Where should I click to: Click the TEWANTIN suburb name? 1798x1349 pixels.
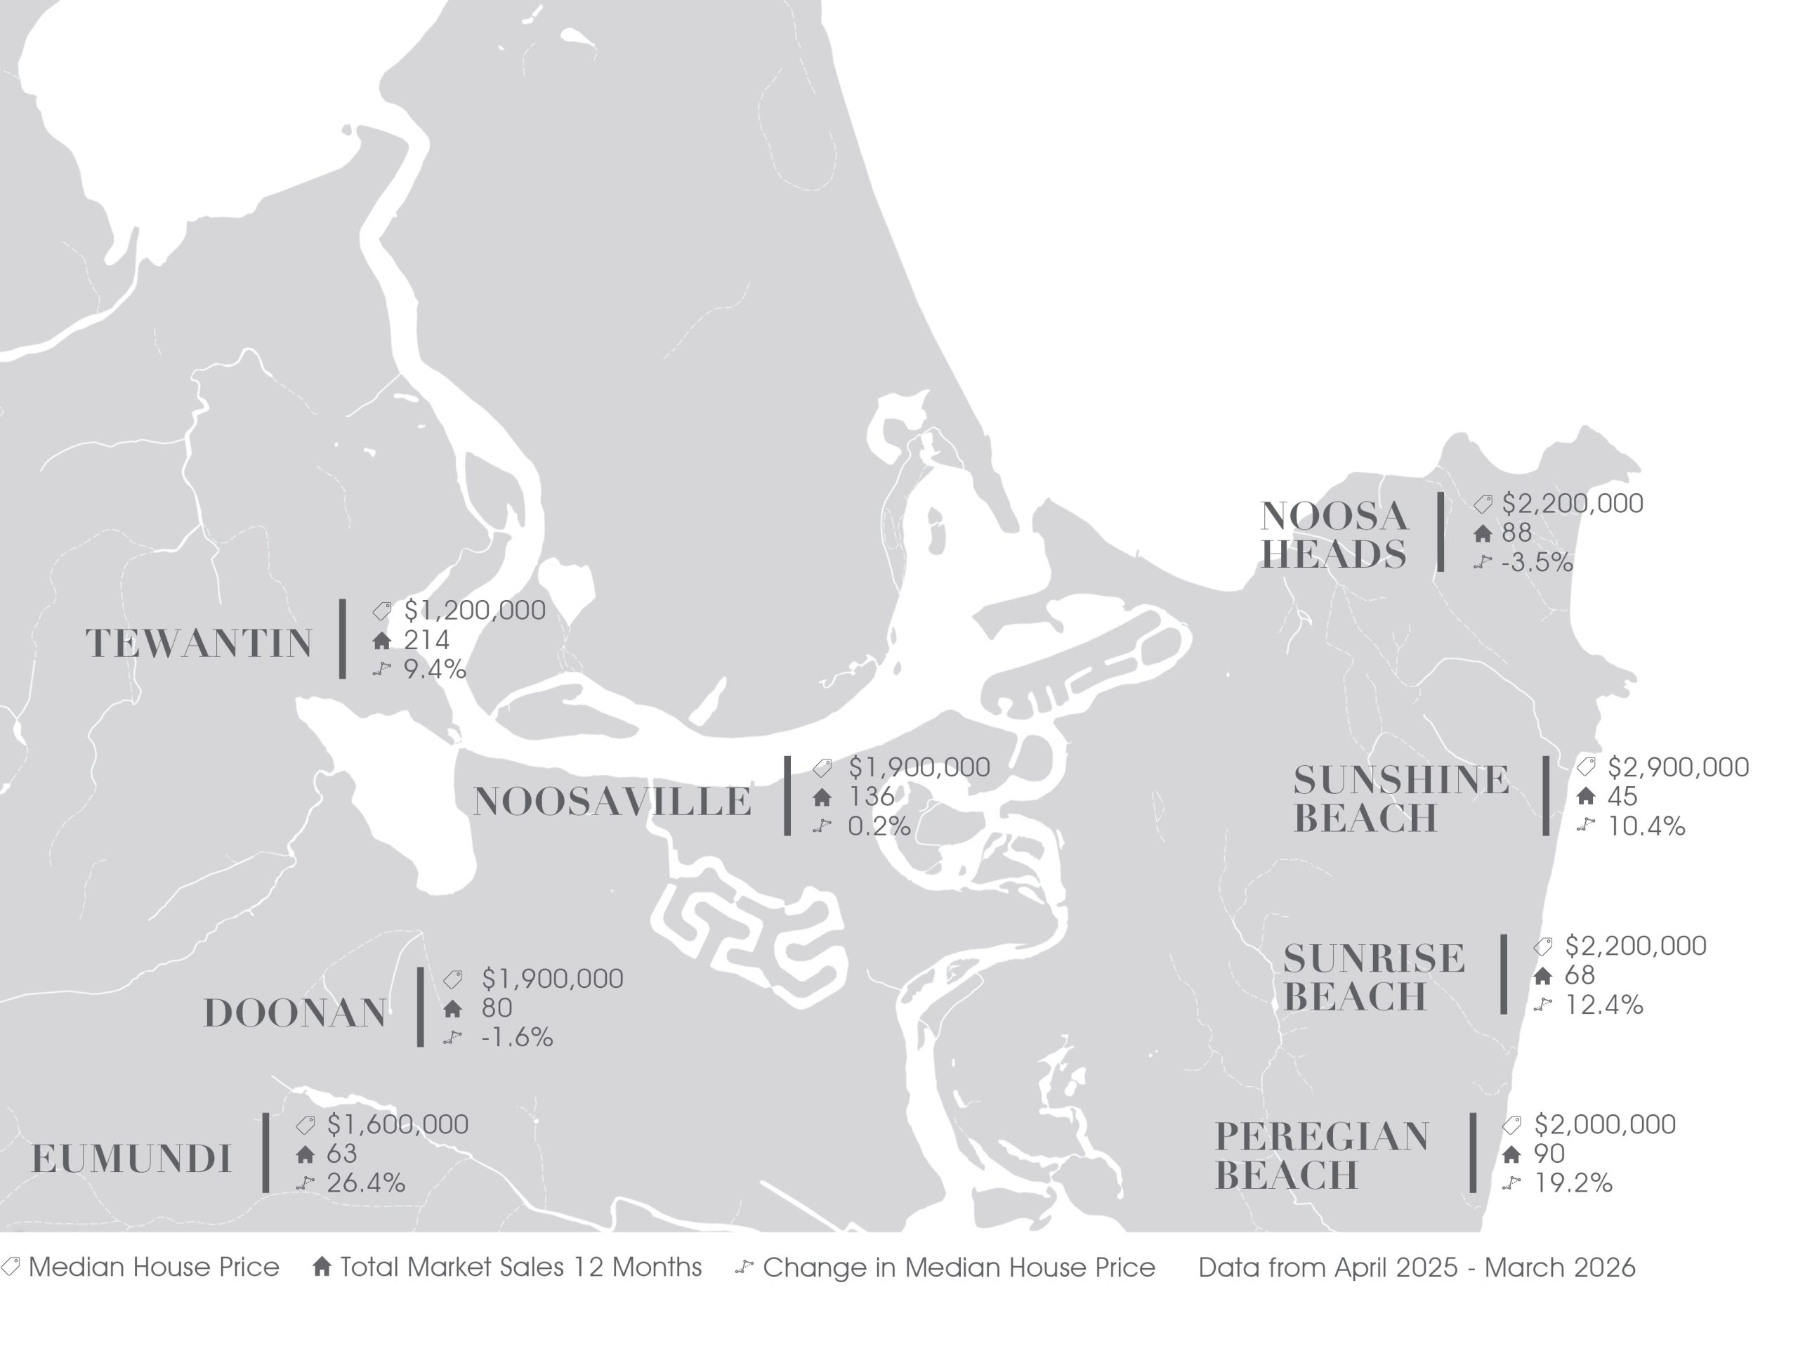tap(199, 644)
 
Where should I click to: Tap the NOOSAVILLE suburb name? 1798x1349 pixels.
tap(612, 802)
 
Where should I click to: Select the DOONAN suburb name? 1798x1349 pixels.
tap(295, 1013)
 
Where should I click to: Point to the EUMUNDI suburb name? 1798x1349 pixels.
tap(131, 1159)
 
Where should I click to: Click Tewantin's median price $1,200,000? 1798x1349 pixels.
tap(475, 610)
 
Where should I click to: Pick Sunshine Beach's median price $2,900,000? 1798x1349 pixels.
tap(1678, 767)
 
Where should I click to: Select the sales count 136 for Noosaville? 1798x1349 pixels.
tap(872, 796)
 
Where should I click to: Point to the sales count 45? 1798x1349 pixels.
tap(1622, 796)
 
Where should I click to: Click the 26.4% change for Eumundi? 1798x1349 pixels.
tap(366, 1183)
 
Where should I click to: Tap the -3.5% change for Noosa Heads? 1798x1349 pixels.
tap(1537, 563)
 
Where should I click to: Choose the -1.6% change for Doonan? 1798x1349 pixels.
tap(517, 1038)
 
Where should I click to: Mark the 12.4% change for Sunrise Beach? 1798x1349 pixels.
tap(1603, 1005)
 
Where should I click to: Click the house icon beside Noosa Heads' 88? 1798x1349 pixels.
tap(1483, 533)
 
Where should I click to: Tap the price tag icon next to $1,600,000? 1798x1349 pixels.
tap(306, 1125)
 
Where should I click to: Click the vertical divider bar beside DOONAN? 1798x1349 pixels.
tap(420, 1007)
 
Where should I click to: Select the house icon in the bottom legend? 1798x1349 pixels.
tap(322, 1267)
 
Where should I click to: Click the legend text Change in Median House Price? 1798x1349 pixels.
tap(958, 1267)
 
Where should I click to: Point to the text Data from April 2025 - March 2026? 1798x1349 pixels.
tap(1417, 1267)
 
